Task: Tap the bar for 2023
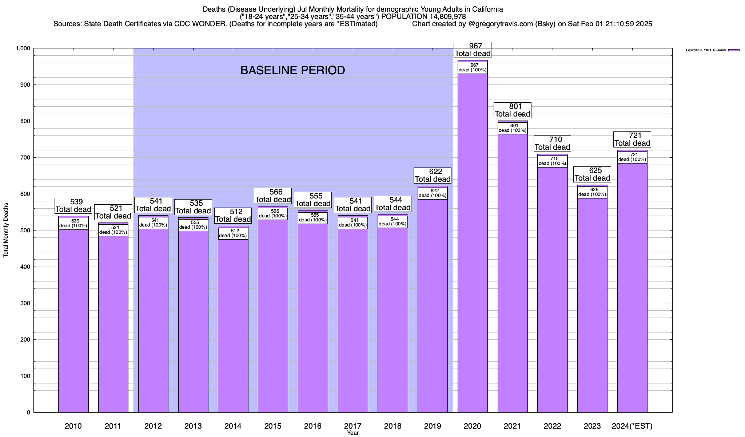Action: [x=592, y=310]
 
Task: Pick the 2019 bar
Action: [x=433, y=310]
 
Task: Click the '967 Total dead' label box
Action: [x=473, y=50]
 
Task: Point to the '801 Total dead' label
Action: [x=513, y=110]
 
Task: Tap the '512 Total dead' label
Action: [x=233, y=216]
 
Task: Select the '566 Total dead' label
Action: [x=273, y=196]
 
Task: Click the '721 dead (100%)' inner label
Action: [x=632, y=157]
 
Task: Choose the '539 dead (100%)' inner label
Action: [x=73, y=224]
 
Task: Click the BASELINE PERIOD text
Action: [x=292, y=70]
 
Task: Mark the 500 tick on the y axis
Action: [x=25, y=231]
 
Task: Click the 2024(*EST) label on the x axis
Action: [x=632, y=426]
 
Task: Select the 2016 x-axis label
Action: [x=313, y=426]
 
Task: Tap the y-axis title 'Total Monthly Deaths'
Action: [x=6, y=230]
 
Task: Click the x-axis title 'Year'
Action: [x=353, y=433]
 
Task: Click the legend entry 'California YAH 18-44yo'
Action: [x=706, y=50]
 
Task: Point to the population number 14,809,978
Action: [x=443, y=17]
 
